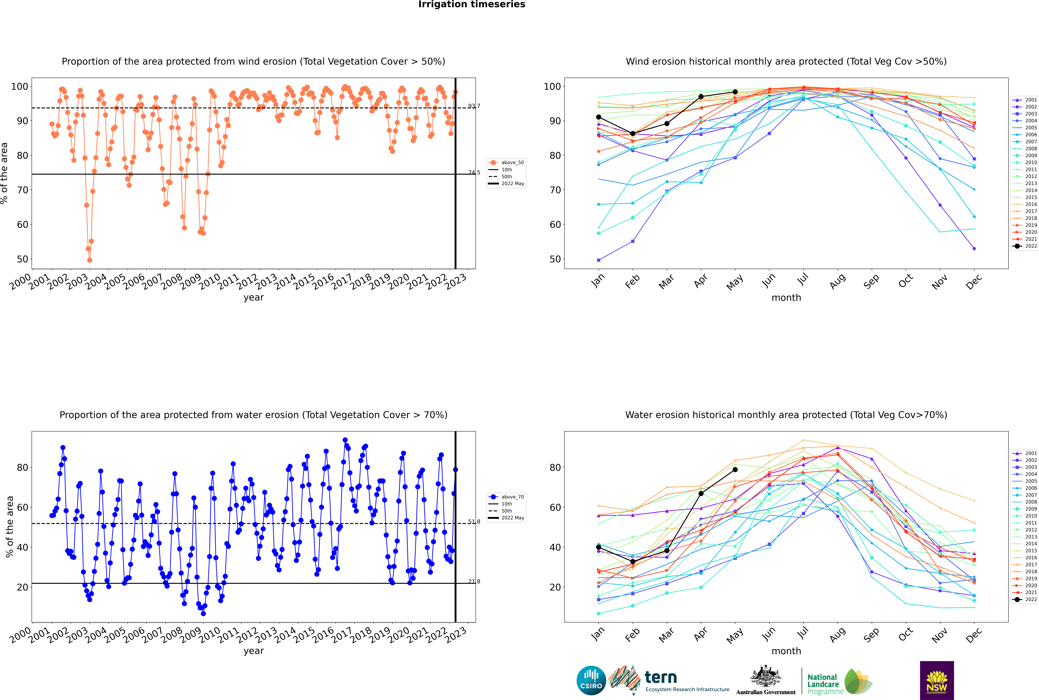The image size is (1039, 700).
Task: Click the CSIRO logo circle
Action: pos(591,680)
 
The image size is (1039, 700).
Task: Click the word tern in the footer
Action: pos(661,678)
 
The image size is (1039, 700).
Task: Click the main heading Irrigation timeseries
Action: pos(472,4)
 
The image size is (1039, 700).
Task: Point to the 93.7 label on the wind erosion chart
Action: pos(474,106)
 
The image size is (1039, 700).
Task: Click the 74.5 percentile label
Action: pos(474,172)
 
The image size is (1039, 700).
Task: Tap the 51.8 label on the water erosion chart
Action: pos(474,521)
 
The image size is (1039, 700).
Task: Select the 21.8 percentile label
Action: pos(474,581)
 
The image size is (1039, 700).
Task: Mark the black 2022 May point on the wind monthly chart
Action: pos(735,92)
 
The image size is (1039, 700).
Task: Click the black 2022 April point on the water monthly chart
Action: pos(701,493)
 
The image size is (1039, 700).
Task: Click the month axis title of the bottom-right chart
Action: pos(786,651)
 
